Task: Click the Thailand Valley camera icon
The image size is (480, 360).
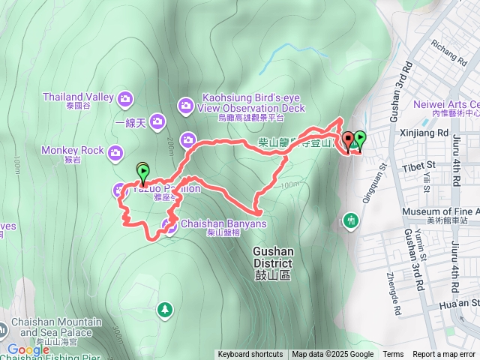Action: coord(125,97)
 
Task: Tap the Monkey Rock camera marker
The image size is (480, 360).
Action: coord(115,153)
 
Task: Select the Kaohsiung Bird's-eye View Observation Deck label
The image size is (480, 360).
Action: coord(250,103)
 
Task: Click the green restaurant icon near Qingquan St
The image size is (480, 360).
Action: coord(350,220)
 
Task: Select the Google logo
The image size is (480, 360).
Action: coord(28,349)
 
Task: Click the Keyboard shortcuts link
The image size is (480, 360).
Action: coord(250,355)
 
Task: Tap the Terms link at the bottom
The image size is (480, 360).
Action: coord(393,355)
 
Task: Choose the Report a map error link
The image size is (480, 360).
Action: coord(445,355)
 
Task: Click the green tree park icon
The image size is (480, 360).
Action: coord(164,309)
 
